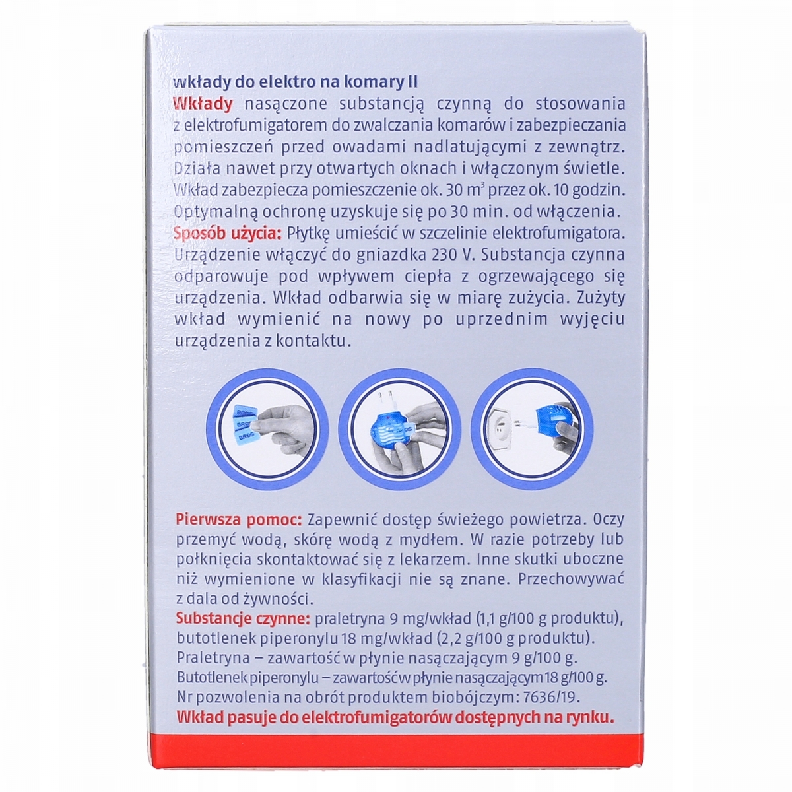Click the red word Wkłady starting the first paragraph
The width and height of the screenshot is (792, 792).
click(203, 104)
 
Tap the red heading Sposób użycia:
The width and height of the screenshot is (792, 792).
click(228, 234)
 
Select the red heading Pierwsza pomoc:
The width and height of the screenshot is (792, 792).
click(239, 519)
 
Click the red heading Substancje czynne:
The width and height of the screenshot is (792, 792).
click(243, 618)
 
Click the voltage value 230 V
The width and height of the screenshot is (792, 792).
click(451, 255)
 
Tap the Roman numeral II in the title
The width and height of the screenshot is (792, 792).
click(412, 82)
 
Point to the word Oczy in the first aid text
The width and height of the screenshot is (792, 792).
click(609, 520)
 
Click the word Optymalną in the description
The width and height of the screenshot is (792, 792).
click(216, 213)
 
